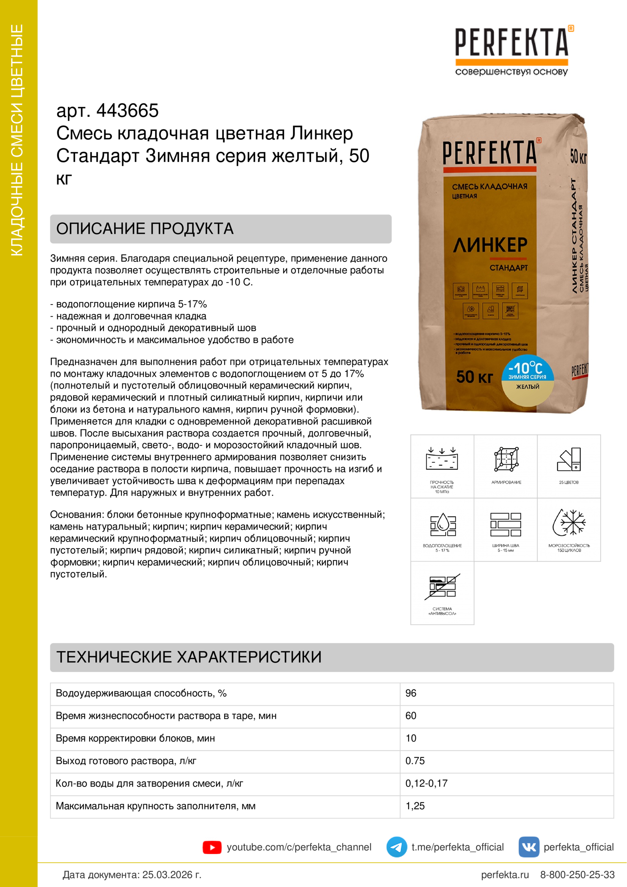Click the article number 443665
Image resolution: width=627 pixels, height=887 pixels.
point(127,111)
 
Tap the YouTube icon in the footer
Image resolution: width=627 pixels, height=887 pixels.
point(212,847)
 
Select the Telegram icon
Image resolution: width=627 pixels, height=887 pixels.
point(396,847)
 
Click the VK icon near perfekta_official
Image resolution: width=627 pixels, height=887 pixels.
point(528,847)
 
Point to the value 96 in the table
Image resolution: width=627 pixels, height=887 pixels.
point(411,693)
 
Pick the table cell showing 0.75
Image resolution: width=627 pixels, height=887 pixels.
point(415,761)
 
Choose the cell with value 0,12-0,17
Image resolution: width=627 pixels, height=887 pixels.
point(426,783)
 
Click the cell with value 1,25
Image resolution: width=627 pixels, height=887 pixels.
point(415,806)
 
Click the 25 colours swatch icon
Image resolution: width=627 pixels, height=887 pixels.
point(569,459)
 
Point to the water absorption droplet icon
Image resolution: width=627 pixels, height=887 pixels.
point(442,524)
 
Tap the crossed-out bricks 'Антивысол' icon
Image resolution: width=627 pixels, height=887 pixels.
point(442,586)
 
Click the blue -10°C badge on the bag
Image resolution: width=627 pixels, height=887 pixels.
point(527,369)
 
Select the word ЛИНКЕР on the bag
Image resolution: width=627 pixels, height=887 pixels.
point(490,245)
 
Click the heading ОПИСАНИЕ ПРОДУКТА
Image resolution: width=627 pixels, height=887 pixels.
point(145,229)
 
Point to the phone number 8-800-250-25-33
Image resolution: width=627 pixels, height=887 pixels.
point(577,874)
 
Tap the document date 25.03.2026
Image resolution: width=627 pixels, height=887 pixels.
point(171,874)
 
